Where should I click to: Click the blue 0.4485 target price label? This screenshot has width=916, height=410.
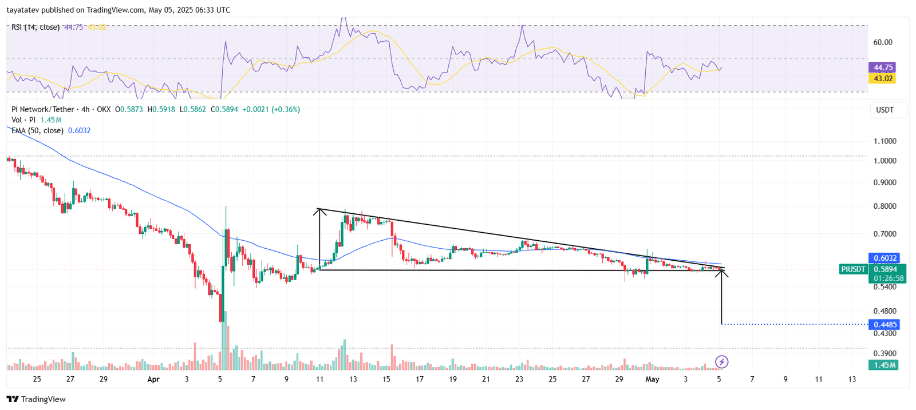[x=885, y=325]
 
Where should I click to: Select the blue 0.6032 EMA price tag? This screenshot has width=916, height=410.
[x=885, y=258]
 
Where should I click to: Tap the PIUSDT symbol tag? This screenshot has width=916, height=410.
[x=853, y=269]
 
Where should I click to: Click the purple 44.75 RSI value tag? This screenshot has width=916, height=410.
[x=883, y=67]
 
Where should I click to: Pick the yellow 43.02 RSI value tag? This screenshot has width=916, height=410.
[x=883, y=78]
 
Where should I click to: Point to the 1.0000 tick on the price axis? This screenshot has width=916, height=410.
[x=885, y=161]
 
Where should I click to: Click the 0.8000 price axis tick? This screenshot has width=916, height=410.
[x=885, y=206]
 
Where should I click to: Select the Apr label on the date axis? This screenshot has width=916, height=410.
[x=153, y=379]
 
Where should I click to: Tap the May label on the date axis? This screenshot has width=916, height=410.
[x=652, y=379]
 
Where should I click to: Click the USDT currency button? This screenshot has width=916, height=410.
[x=885, y=110]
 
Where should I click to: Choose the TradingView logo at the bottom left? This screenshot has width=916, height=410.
[x=36, y=399]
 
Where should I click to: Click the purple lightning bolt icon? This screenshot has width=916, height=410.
[x=722, y=361]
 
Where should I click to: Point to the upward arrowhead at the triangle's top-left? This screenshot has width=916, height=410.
[x=319, y=211]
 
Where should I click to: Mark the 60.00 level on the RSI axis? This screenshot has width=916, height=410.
[x=883, y=42]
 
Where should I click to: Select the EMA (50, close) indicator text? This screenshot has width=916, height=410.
[x=37, y=130]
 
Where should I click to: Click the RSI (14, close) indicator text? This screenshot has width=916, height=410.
[x=35, y=27]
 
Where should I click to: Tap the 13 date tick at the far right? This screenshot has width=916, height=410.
[x=852, y=379]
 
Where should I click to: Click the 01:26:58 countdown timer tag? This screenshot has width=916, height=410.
[x=889, y=278]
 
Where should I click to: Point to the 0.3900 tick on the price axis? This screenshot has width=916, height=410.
[x=885, y=354]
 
